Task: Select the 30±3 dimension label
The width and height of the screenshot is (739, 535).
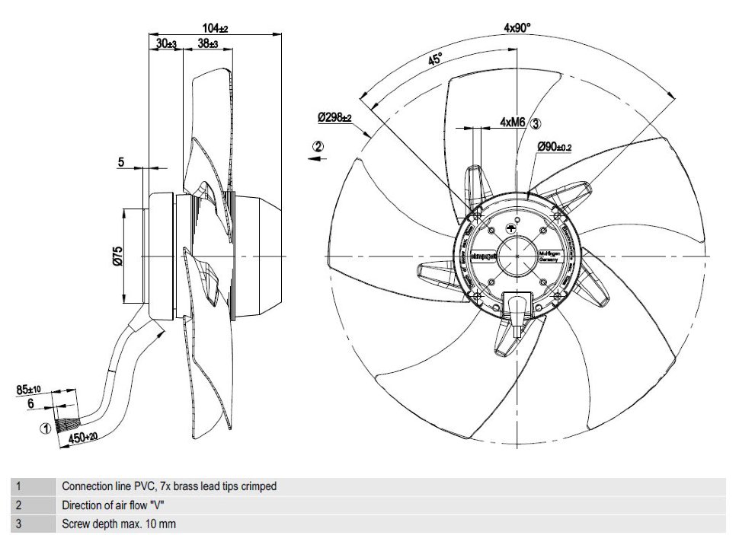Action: tap(166, 45)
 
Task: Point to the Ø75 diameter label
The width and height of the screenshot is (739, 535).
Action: tap(117, 256)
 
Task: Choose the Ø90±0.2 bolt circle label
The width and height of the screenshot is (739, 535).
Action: tap(554, 146)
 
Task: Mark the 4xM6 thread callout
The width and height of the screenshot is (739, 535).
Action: tap(514, 122)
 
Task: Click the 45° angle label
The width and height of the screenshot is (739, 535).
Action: tap(435, 61)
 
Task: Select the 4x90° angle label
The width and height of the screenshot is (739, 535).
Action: tap(517, 27)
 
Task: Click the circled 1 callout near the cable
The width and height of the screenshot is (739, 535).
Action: tap(45, 428)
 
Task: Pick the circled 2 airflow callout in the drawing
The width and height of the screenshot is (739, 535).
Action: tap(319, 145)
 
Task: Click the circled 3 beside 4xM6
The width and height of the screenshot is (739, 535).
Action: tap(536, 122)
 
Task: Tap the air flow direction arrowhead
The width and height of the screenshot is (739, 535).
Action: tap(314, 159)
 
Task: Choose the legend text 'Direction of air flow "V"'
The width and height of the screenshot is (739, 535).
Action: tap(114, 505)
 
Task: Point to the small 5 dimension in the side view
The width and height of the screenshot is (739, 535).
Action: tap(120, 161)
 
